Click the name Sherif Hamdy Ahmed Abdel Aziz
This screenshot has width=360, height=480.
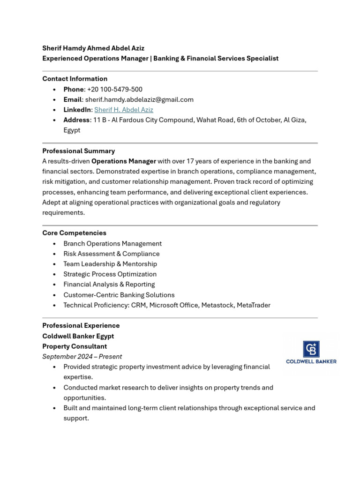93,48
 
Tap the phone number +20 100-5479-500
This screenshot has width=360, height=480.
114,89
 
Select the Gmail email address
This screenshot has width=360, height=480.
139,99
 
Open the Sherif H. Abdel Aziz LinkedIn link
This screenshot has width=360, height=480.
124,110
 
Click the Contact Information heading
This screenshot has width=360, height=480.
75,79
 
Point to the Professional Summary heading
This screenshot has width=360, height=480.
78,151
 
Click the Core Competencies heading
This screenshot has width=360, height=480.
74,233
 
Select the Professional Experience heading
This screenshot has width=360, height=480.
81,325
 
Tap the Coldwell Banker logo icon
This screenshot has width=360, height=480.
311,349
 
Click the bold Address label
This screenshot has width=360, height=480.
76,120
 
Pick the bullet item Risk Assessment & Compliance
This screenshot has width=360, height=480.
112,254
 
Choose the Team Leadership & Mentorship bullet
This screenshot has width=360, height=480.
110,264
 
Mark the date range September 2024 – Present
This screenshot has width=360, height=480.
82,356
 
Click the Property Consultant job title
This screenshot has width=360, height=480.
75,346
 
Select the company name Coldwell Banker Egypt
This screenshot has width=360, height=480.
78,336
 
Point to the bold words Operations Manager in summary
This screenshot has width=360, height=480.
124,161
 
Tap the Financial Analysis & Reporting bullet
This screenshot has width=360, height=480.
109,284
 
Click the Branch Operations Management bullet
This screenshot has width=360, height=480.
112,243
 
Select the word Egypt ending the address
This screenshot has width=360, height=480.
72,130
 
